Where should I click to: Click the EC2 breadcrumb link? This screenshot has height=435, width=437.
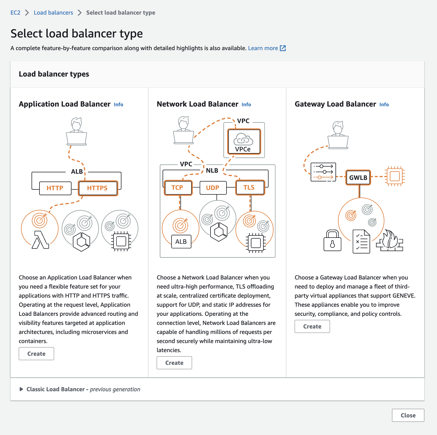point(15,13)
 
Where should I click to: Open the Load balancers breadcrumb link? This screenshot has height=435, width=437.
point(53,13)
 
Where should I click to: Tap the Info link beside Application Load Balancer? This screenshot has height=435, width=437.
point(118,105)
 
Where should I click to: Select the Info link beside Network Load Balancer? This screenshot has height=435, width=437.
point(246,105)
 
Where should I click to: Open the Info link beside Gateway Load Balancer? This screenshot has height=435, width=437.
point(384,105)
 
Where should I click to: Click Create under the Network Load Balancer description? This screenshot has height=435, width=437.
point(174,363)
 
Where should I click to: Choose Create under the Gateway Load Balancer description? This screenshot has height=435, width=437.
point(312,327)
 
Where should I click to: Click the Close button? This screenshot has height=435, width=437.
point(408,415)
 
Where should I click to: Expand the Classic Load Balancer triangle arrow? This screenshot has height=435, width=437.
point(21,389)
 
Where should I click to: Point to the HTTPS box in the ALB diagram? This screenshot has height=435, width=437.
point(98,188)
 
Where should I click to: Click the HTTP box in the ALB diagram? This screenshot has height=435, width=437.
point(55,188)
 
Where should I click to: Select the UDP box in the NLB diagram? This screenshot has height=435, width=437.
point(213,188)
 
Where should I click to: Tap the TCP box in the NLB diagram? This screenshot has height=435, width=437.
point(178,188)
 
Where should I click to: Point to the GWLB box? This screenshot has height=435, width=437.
point(358,178)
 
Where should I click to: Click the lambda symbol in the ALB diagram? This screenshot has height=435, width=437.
point(40,240)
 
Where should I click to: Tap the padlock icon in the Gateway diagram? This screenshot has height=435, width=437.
point(332,241)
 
